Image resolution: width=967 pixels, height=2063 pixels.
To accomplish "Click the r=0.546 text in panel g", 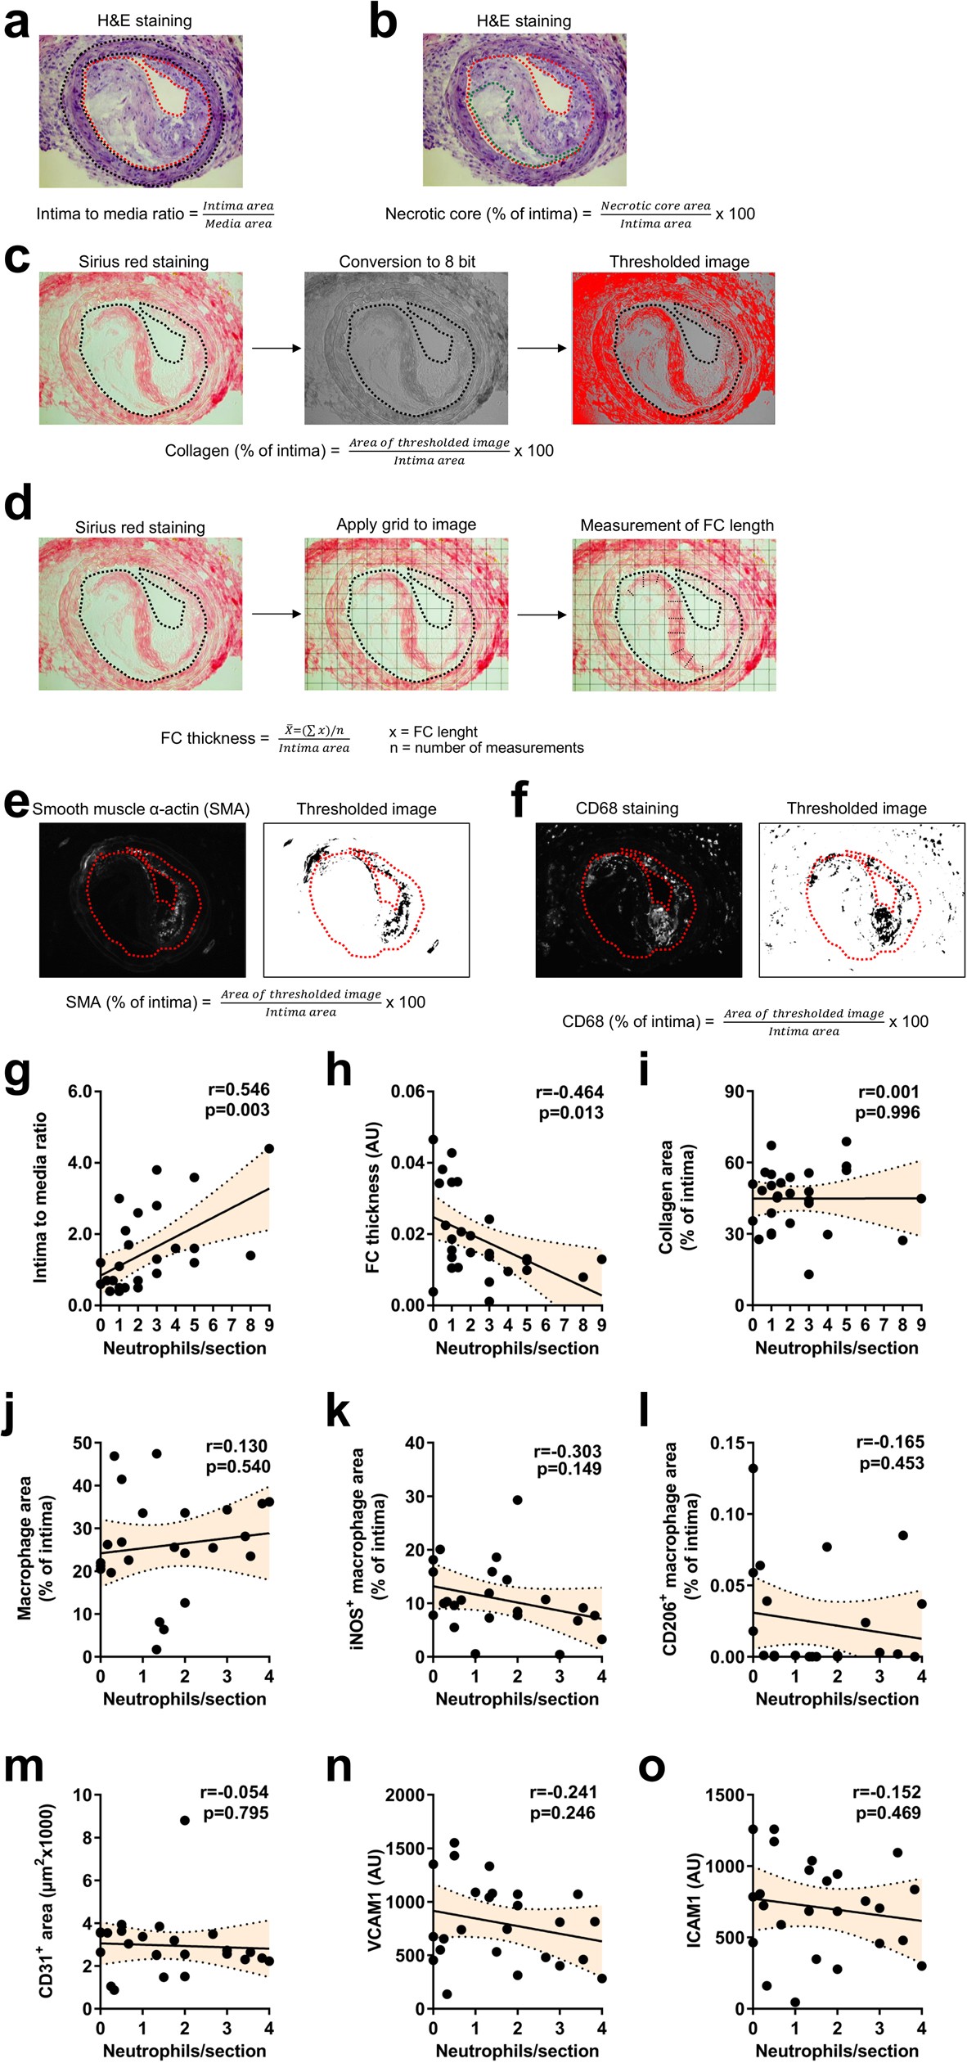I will click(x=238, y=1089).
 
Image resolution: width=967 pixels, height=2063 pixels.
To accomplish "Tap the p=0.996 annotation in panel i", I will click(x=888, y=1112).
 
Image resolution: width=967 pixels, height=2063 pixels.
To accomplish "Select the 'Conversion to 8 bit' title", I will click(x=407, y=262).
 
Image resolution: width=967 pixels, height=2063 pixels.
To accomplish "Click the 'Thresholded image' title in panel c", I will click(x=679, y=262).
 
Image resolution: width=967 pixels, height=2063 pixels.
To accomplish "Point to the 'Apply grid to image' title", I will click(x=406, y=525).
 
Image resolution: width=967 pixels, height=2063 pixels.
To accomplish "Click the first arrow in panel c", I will click(x=276, y=349).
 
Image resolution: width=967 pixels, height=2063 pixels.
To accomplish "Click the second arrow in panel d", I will click(x=542, y=615).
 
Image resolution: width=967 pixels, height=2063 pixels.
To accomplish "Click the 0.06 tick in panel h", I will click(x=407, y=1092).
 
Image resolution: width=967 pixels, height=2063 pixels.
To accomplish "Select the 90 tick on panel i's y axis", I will click(x=734, y=1092).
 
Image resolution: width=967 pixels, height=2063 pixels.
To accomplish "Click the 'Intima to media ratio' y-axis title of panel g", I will click(x=40, y=1197).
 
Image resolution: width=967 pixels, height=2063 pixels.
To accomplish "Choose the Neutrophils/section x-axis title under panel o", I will click(x=837, y=2051).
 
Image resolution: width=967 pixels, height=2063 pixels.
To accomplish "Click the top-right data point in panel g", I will click(x=269, y=1148).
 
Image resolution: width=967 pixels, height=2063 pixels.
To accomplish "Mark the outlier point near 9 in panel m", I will click(x=185, y=1820).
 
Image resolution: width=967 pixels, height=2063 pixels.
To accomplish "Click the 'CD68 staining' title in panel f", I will click(x=627, y=809).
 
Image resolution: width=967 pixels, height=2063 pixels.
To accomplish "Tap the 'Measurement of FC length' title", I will click(x=677, y=525).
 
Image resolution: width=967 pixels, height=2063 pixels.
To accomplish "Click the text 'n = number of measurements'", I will click(x=487, y=748).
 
